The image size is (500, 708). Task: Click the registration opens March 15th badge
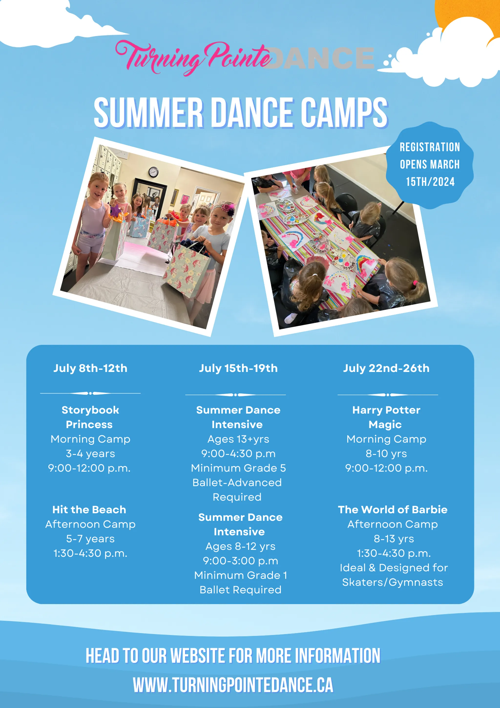click(430, 165)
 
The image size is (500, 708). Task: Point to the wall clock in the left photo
click(153, 172)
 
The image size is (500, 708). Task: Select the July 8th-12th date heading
click(90, 368)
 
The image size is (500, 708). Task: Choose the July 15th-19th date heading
click(238, 368)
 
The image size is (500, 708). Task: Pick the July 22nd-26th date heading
click(386, 368)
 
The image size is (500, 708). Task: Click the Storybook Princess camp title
click(90, 417)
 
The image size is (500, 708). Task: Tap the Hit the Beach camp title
click(89, 510)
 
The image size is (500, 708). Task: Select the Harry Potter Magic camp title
click(386, 417)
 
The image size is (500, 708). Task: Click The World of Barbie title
click(393, 510)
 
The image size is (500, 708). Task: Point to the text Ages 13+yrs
click(238, 439)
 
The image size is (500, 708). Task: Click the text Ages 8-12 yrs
click(240, 546)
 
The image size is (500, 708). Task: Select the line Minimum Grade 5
click(238, 468)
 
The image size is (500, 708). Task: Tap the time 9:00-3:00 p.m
click(240, 561)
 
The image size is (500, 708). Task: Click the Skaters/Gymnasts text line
click(393, 582)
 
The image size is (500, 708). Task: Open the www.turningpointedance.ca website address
click(233, 685)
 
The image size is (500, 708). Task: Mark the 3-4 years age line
click(90, 454)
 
